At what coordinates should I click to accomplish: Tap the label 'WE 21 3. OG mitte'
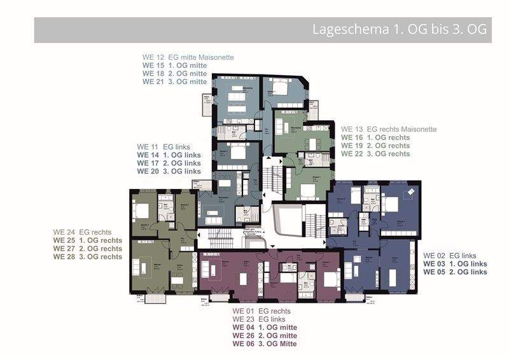pyautogui.click(x=174, y=81)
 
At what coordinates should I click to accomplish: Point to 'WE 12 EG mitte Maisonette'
pyautogui.click(x=188, y=57)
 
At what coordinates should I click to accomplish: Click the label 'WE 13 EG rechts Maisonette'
pyautogui.click(x=389, y=129)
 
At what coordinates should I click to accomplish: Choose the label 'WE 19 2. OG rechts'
pyautogui.click(x=375, y=146)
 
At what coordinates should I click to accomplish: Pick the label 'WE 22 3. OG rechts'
pyautogui.click(x=375, y=154)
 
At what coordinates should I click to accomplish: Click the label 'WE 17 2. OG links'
pyautogui.click(x=169, y=163)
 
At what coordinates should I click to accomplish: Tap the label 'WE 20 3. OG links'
pyautogui.click(x=169, y=171)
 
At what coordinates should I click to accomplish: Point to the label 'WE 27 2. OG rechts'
pyautogui.click(x=88, y=249)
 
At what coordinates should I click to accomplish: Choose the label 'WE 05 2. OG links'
pyautogui.click(x=455, y=272)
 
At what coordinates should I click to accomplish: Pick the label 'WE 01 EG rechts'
pyautogui.click(x=256, y=310)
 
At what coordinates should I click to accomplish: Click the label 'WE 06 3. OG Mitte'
pyautogui.click(x=264, y=343)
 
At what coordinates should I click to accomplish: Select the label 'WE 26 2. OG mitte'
pyautogui.click(x=264, y=335)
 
